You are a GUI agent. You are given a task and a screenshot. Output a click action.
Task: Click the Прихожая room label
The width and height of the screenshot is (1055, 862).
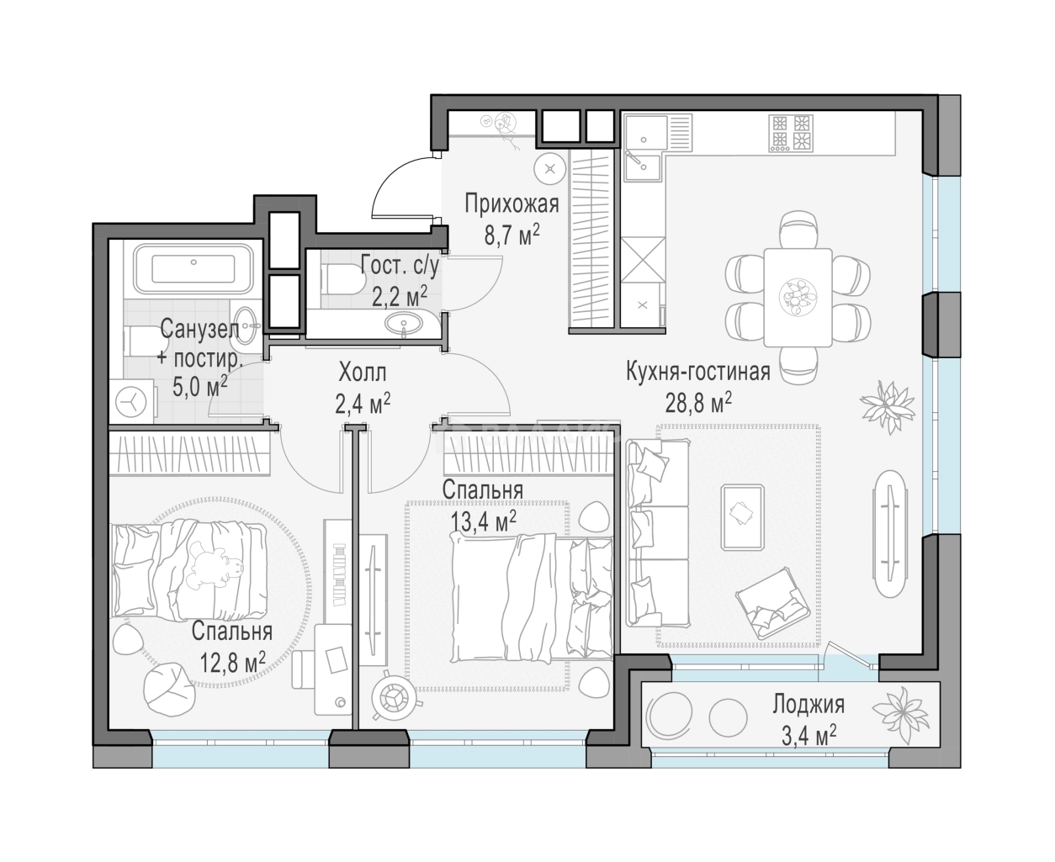[x=512, y=205]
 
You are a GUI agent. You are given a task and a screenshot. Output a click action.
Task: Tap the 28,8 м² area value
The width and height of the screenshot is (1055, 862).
[x=698, y=402]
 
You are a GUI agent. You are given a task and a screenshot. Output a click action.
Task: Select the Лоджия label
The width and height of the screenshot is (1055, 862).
[x=808, y=705]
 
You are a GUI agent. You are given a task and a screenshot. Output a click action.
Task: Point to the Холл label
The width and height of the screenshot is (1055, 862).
[x=362, y=373]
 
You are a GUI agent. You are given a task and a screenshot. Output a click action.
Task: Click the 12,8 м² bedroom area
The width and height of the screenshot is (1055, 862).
[x=232, y=662]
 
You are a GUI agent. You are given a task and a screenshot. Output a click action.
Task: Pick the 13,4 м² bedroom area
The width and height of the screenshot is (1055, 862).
[x=484, y=521]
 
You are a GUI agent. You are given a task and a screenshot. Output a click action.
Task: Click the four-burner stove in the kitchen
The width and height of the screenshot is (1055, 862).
[x=791, y=134]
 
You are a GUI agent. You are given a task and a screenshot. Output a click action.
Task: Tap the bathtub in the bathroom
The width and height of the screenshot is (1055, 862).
[x=194, y=268]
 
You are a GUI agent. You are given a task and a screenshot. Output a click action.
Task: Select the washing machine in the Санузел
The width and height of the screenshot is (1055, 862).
[x=131, y=401]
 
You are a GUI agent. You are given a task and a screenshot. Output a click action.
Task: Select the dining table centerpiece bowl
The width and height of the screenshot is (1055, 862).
[x=798, y=297]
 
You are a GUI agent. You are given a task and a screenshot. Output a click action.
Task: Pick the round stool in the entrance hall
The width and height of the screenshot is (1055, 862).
[x=550, y=169]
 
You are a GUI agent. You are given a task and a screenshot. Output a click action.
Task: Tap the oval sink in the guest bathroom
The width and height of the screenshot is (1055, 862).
[x=403, y=322]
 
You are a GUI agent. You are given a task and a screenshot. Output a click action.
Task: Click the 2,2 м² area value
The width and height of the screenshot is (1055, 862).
[x=400, y=297]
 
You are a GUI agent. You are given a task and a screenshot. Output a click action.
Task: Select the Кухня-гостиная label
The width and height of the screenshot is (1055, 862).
[x=698, y=373]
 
